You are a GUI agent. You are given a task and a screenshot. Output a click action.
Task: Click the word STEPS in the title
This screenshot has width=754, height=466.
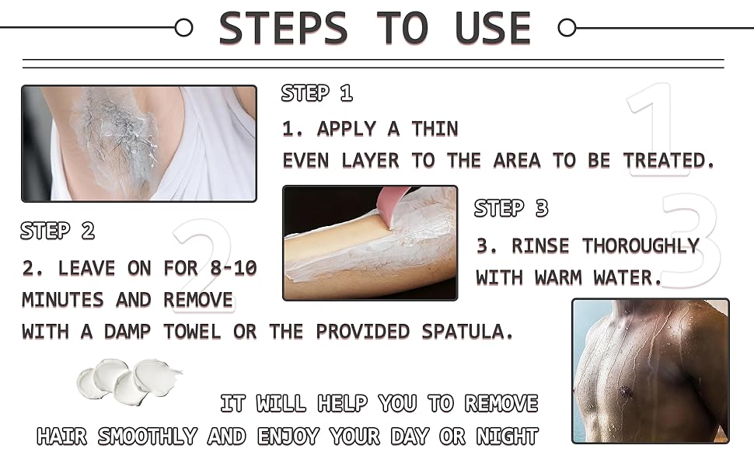[x=283, y=29]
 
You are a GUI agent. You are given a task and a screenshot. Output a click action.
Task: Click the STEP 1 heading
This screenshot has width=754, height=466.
[x=317, y=94]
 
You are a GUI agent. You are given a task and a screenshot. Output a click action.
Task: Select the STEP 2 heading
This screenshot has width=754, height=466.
[x=58, y=231]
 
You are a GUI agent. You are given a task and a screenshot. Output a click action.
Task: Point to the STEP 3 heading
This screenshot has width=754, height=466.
[x=511, y=208]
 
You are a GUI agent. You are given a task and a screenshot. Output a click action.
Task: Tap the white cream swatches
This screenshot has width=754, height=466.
[x=128, y=378]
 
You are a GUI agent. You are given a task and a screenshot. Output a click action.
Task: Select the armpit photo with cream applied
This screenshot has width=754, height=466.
[x=138, y=144]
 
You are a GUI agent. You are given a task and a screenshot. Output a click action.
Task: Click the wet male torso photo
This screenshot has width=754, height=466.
[x=650, y=370]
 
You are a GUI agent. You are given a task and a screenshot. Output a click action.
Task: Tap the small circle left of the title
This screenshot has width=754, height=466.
[x=184, y=28]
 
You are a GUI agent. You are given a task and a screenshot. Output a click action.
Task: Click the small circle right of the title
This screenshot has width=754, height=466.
[x=567, y=28]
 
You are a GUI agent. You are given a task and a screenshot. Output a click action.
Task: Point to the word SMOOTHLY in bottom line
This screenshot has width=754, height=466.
[x=148, y=436]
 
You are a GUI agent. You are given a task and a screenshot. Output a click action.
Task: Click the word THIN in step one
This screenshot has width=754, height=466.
[x=435, y=129]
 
